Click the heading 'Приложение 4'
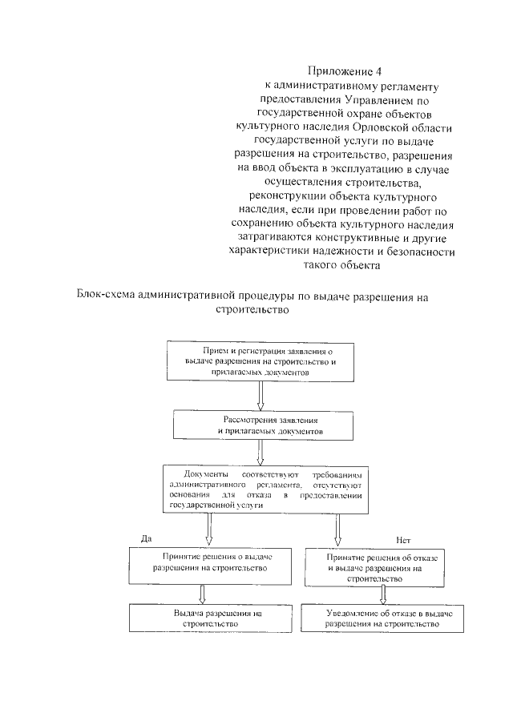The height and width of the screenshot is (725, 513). [341, 71]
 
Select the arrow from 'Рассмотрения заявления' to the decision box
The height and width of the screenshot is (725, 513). [260, 452]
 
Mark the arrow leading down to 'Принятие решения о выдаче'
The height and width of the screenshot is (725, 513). [209, 528]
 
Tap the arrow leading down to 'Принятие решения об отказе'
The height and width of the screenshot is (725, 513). [337, 528]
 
